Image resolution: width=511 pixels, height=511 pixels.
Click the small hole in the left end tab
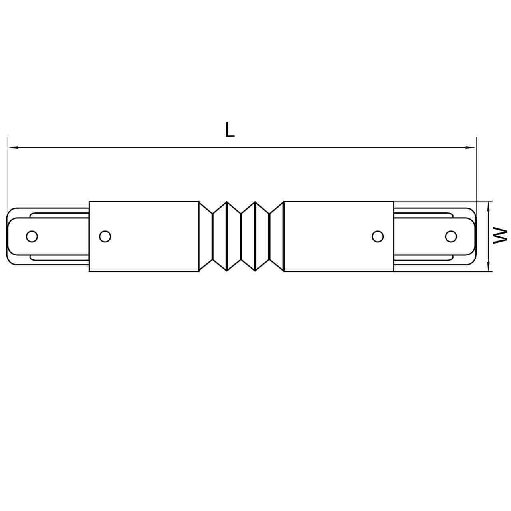point(32,236)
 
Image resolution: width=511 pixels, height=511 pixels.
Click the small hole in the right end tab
point(451,236)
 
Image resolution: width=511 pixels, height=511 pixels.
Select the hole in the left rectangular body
point(105,236)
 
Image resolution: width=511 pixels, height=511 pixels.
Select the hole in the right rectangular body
point(377,236)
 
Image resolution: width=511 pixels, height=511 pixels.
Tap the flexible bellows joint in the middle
point(241,236)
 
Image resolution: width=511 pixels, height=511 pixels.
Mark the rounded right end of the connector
point(474,236)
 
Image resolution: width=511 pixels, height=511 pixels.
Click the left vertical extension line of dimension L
point(8,172)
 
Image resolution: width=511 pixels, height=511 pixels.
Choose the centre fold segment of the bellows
point(241,236)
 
